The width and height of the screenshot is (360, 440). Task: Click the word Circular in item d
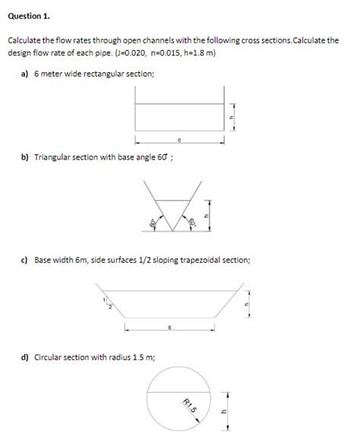click(x=49, y=355)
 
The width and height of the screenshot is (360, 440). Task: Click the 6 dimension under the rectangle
click(x=179, y=140)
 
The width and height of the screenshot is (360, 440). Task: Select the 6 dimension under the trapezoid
click(x=169, y=328)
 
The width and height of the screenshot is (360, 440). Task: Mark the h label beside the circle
click(x=223, y=413)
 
